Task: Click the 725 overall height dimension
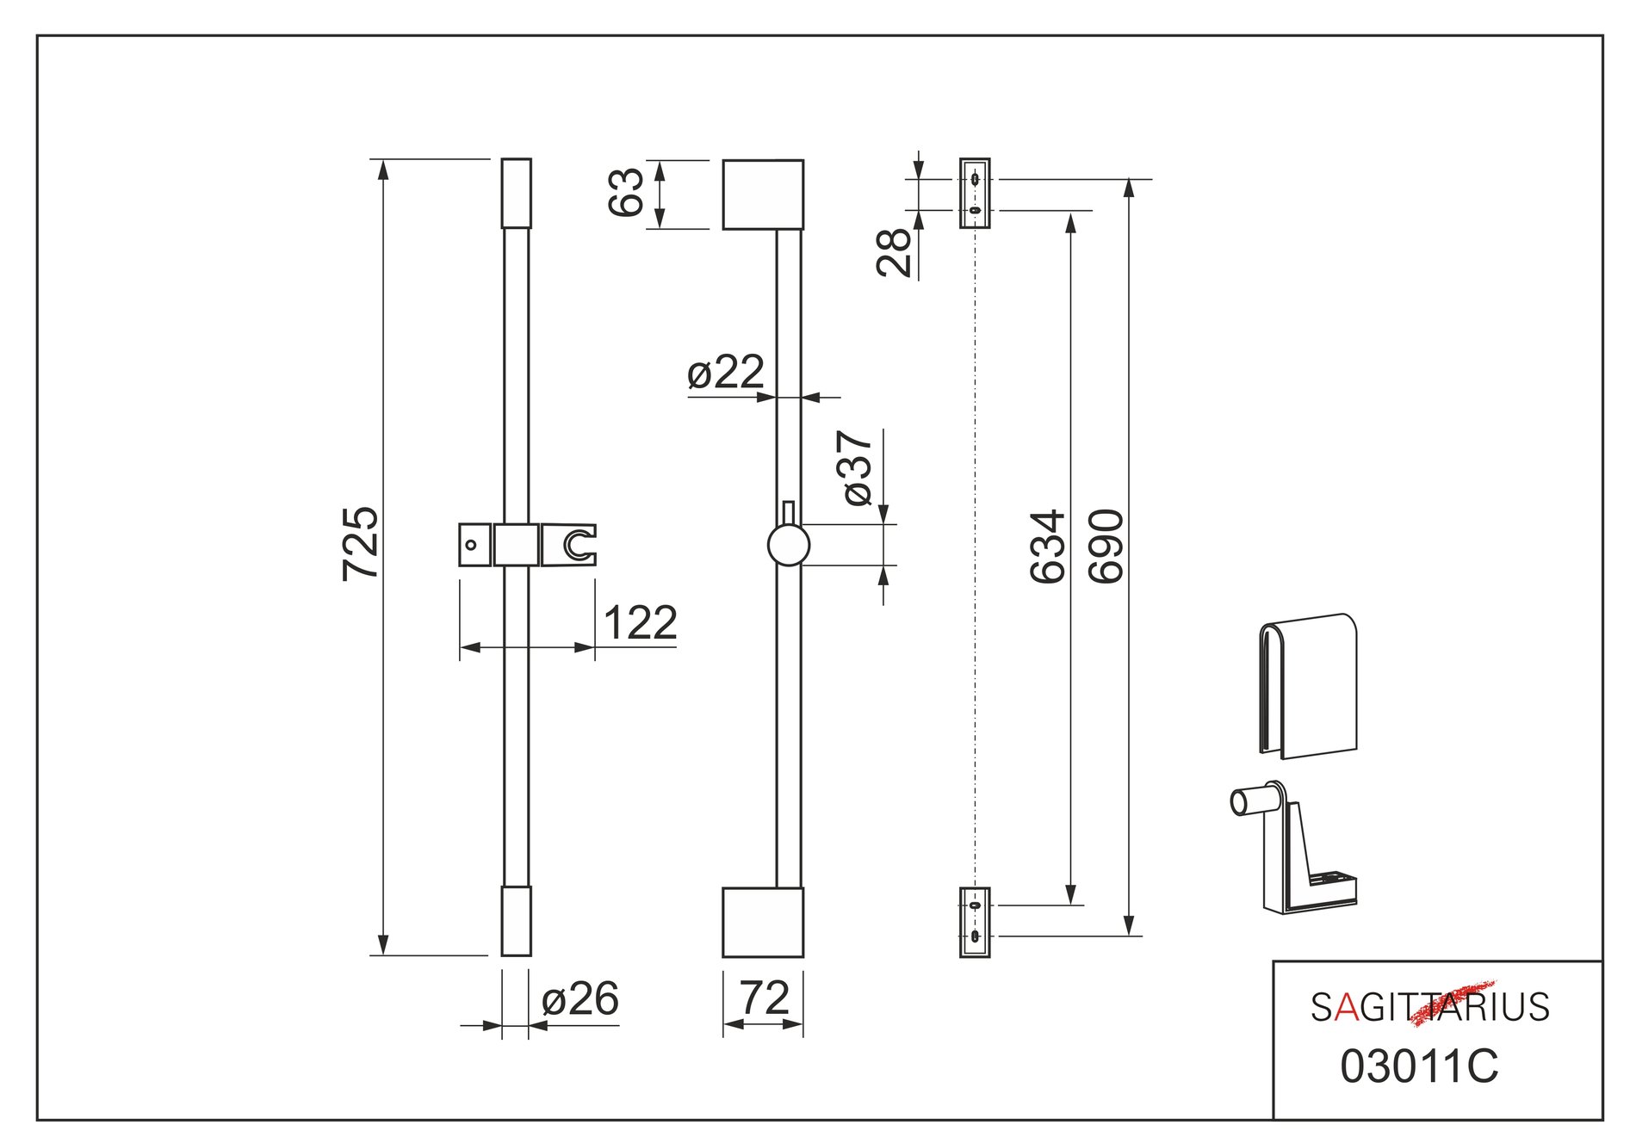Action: (x=360, y=544)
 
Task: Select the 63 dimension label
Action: (x=626, y=192)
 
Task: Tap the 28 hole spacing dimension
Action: (x=895, y=251)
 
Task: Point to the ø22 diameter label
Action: (x=726, y=372)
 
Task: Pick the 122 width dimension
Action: (x=640, y=622)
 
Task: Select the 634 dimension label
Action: (x=1048, y=547)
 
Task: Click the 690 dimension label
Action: (x=1106, y=547)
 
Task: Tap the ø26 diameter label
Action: (x=579, y=998)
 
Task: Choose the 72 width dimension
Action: (x=764, y=998)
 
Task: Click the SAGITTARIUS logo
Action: (x=1429, y=1006)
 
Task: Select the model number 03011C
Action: (x=1419, y=1066)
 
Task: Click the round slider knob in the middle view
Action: (x=788, y=545)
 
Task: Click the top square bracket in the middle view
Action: (x=763, y=195)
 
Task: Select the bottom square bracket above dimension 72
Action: (x=763, y=922)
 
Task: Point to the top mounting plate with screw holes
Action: (x=975, y=194)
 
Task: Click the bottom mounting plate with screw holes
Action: (x=975, y=922)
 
